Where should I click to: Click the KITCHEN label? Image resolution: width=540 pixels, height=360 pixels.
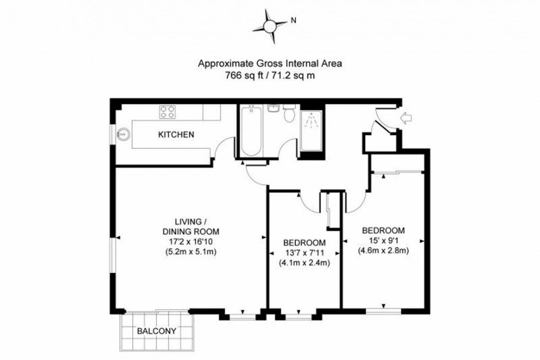(x=176, y=135)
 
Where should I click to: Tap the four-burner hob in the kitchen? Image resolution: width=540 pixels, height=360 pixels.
(x=168, y=112)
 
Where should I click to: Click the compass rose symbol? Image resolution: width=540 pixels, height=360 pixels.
(x=270, y=25)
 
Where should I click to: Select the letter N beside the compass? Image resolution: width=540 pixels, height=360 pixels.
(x=294, y=22)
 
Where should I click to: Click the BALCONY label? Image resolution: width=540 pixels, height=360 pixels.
(x=156, y=331)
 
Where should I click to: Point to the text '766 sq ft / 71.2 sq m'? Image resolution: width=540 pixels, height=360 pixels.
(x=270, y=76)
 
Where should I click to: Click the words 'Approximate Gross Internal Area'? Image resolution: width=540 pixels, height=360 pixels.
(x=270, y=63)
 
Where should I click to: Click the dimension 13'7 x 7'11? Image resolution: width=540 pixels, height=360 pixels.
(x=304, y=253)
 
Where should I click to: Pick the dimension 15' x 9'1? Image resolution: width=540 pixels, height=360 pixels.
(x=383, y=240)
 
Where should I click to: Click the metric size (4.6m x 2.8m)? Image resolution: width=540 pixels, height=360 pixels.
(x=383, y=250)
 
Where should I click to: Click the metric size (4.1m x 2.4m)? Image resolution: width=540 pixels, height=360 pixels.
(x=304, y=263)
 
